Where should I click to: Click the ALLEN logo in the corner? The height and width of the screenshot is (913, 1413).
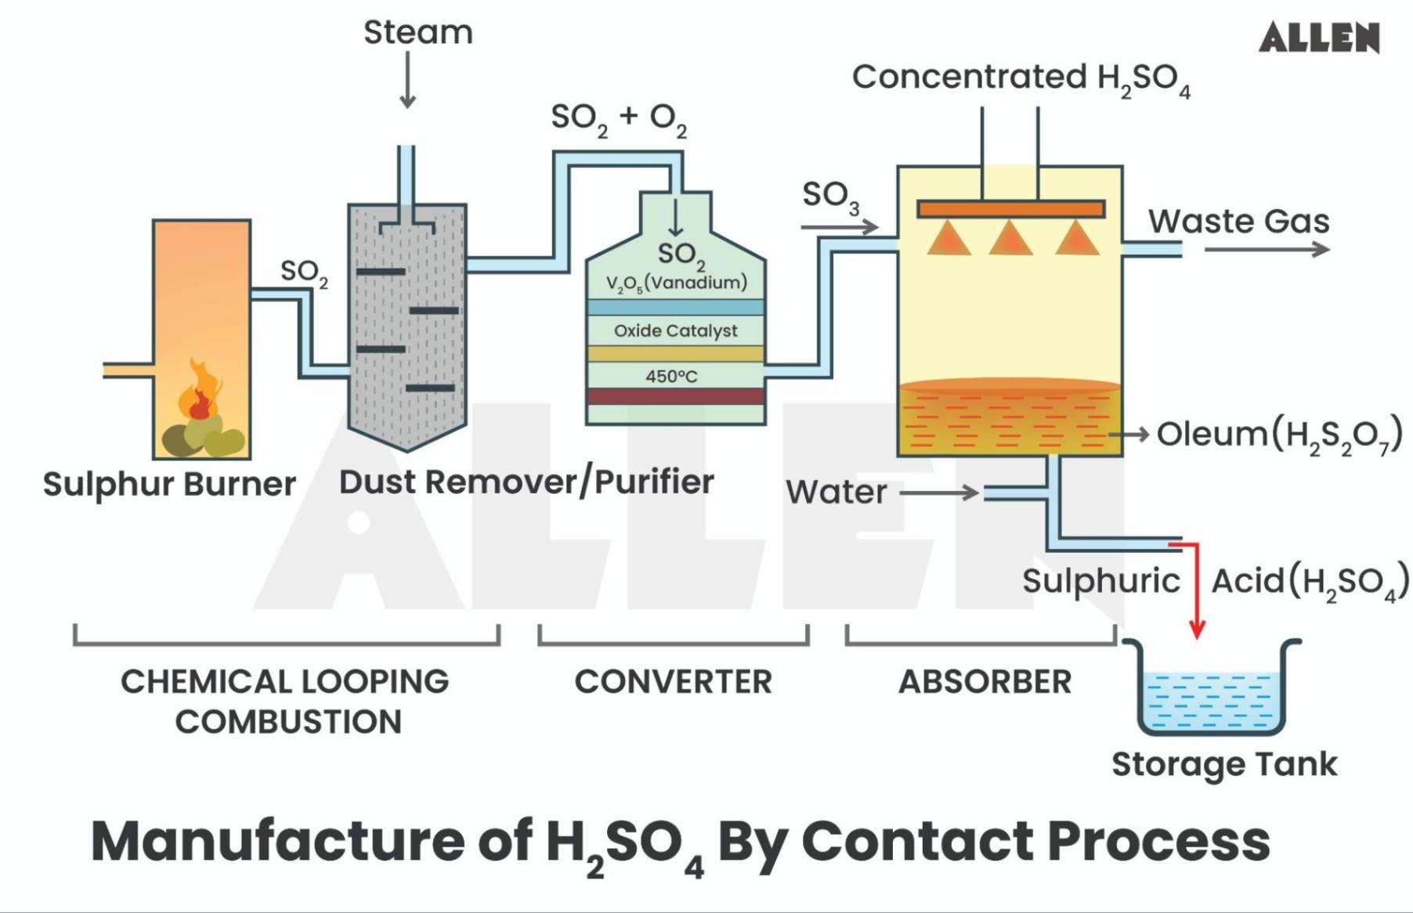(x=1319, y=38)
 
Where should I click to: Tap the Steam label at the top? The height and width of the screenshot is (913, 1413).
(x=418, y=33)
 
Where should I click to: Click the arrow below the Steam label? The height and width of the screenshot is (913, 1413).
(x=407, y=81)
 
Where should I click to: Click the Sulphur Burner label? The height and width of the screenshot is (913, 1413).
(x=169, y=484)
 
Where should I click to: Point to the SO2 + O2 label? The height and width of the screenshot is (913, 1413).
(x=619, y=118)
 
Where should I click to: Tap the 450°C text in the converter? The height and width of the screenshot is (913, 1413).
(x=671, y=377)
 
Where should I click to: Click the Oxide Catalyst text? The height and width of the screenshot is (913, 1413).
(x=675, y=330)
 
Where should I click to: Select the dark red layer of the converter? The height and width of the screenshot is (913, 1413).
(x=675, y=396)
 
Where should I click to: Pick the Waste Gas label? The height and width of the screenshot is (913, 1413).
(x=1238, y=222)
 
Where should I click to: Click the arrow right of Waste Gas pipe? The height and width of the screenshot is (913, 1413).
(x=1267, y=250)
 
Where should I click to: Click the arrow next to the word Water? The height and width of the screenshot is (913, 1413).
(x=939, y=493)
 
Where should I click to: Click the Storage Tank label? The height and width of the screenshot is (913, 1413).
(x=1224, y=764)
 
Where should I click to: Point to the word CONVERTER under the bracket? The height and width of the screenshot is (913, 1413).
(x=673, y=682)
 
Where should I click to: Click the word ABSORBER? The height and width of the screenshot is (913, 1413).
(x=985, y=682)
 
